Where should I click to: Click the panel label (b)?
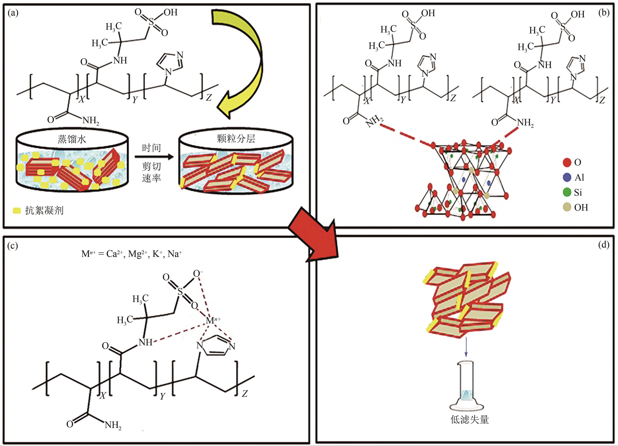tap(604, 13)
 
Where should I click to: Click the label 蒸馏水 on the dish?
tap(72, 139)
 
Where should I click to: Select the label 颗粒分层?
tap(236, 139)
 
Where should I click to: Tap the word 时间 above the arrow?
tap(151, 148)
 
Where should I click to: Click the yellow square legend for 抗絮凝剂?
tap(17, 211)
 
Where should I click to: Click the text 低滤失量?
tap(469, 420)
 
